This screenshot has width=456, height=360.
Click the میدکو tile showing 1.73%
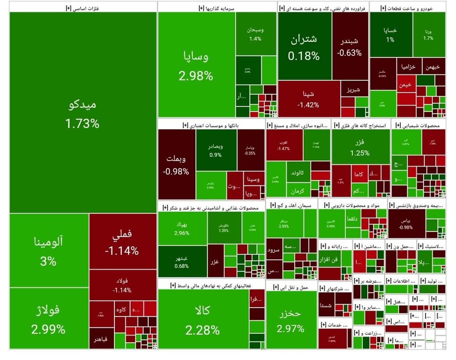pos(83,113)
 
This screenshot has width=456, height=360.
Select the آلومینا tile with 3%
pos(48,250)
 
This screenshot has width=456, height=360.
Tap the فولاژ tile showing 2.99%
pos(48,319)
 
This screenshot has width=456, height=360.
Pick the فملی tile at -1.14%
pos(122,242)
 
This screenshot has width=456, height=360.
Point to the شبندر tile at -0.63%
pos(349,47)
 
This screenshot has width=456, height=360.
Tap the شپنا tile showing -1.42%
pos(309,99)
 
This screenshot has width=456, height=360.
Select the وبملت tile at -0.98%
pos(176,165)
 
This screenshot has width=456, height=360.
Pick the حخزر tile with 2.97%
pos(291,320)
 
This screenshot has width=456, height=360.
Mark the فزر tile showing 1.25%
pos(360,147)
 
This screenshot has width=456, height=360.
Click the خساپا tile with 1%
pos(390,35)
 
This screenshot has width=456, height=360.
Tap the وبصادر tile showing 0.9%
pos(216,150)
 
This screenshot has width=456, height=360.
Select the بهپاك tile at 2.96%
pos(182,228)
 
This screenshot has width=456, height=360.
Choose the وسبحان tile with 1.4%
pos(255,34)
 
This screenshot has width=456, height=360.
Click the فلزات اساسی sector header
pos(83,8)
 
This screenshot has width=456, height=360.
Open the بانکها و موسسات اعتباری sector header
pos(211,125)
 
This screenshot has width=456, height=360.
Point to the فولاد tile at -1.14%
pos(122,285)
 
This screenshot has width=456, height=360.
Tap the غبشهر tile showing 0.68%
pos(182,262)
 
